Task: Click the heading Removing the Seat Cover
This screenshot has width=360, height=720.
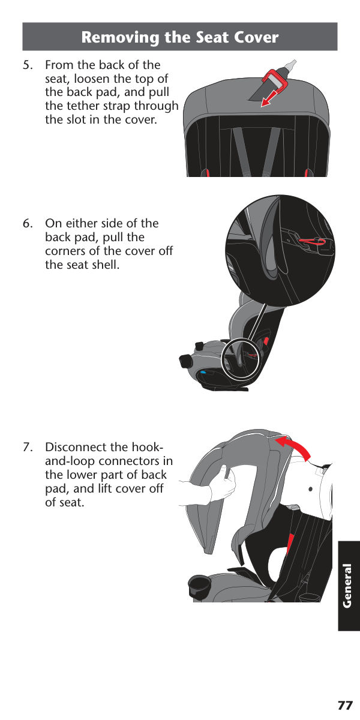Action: [x=179, y=37]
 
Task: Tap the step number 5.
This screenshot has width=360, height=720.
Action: [x=28, y=65]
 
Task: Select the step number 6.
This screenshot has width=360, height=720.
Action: [x=28, y=223]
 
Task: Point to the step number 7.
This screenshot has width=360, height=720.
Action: [x=28, y=447]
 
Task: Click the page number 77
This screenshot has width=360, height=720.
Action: [x=345, y=706]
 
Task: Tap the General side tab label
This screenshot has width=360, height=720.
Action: [x=347, y=586]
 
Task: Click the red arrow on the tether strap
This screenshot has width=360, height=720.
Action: [x=269, y=98]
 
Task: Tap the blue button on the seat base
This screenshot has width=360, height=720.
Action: [x=203, y=373]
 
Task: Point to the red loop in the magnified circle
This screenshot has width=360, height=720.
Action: [x=312, y=241]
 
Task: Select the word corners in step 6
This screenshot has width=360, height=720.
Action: [x=65, y=251]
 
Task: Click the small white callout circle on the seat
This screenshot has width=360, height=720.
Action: [x=240, y=357]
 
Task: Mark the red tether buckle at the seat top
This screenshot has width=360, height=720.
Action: [x=275, y=80]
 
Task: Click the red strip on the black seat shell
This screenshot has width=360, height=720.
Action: [x=290, y=543]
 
